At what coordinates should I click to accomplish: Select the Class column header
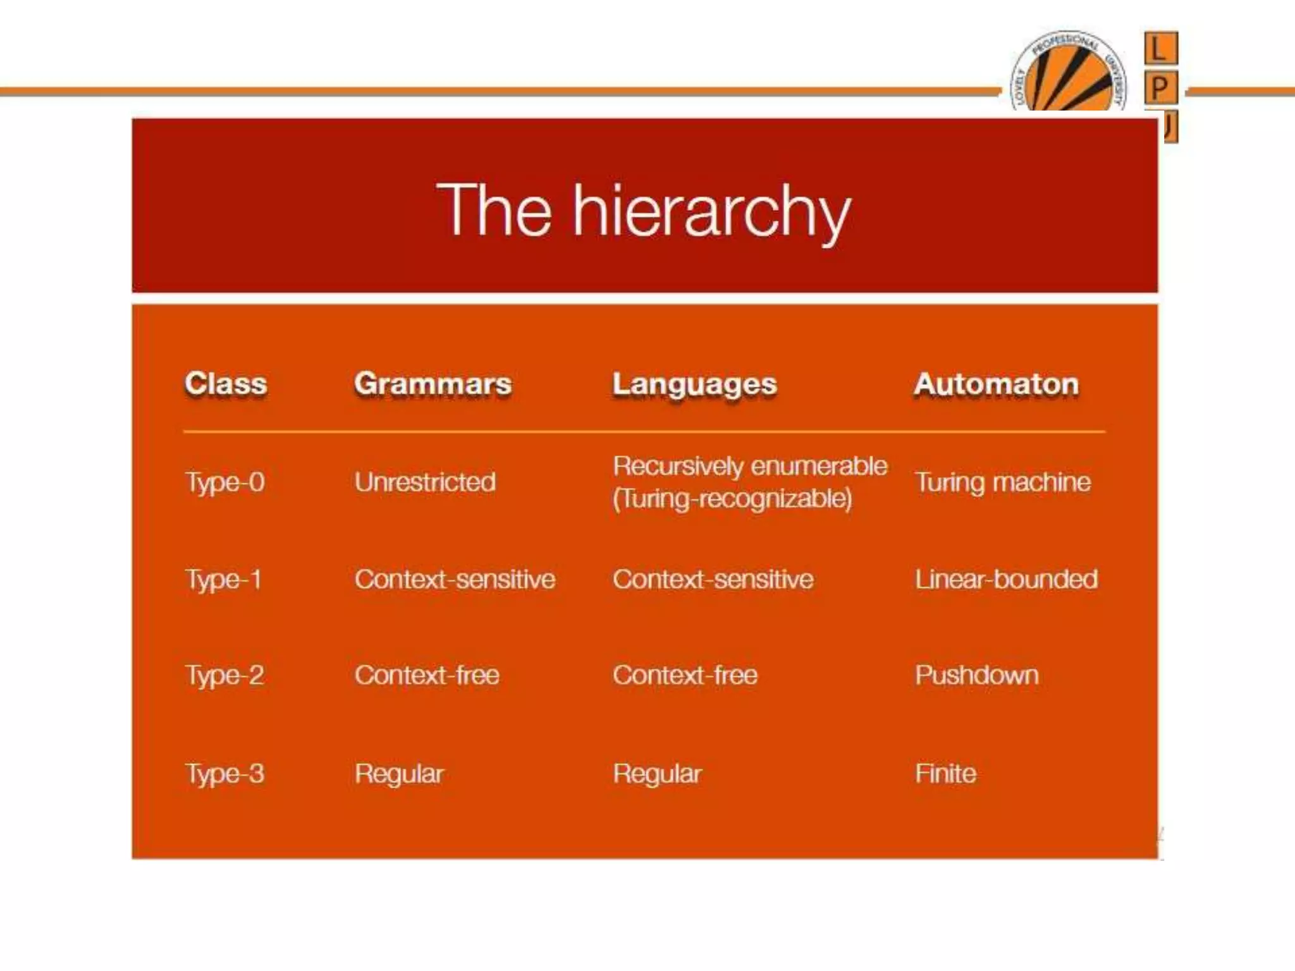click(x=226, y=384)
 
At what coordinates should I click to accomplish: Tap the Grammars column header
click(x=433, y=384)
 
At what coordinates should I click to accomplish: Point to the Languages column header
click(x=694, y=384)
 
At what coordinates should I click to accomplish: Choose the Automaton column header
click(x=996, y=384)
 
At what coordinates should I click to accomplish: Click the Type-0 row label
click(x=224, y=482)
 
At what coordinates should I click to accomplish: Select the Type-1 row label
click(x=223, y=580)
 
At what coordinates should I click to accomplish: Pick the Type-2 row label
click(x=224, y=676)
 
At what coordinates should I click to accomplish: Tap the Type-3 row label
click(x=224, y=774)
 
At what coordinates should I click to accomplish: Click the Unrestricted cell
click(x=425, y=482)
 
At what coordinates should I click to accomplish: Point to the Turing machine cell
click(x=1002, y=482)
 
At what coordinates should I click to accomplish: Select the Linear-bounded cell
click(x=1006, y=579)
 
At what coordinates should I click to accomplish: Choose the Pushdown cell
click(x=976, y=675)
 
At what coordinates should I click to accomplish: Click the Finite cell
click(x=945, y=774)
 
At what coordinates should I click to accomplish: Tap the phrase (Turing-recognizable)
click(x=732, y=499)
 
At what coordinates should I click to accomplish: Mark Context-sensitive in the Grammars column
click(x=455, y=579)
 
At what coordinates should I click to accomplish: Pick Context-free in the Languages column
click(x=685, y=675)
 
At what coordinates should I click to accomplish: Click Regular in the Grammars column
click(x=399, y=774)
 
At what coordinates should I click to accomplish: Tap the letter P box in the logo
click(x=1160, y=87)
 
